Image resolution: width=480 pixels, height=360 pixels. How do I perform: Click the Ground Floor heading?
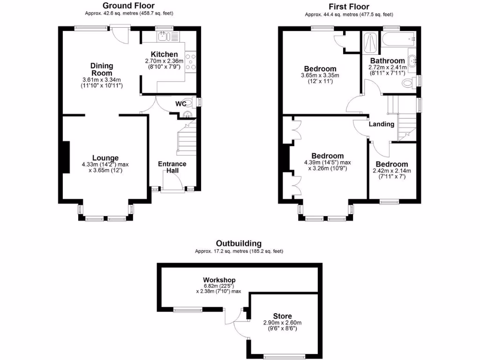125,6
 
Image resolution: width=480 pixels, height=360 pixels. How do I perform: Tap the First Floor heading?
349,7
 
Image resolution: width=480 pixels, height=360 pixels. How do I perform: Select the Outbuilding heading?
239,243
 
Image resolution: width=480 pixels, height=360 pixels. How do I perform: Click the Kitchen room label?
164,54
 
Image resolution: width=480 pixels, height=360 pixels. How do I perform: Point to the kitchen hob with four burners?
191,62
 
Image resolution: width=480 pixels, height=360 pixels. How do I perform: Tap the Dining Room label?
101,69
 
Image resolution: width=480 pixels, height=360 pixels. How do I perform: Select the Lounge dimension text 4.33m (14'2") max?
105,165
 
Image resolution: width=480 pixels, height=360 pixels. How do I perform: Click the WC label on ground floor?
180,103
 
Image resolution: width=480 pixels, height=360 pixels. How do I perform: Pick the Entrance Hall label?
172,167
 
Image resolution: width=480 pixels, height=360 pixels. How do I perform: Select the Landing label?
381,124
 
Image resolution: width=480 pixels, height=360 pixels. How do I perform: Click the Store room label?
283,316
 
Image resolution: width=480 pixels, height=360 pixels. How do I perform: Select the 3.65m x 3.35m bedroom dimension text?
320,75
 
